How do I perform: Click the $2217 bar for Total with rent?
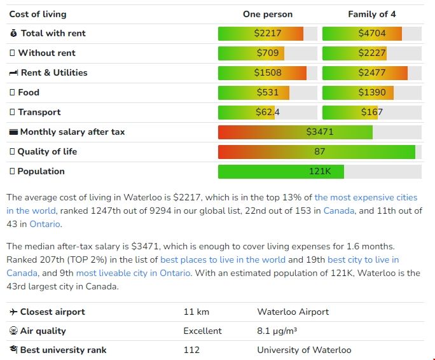pos(267,33)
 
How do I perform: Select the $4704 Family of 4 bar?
pos(371,33)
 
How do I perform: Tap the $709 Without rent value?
pos(267,53)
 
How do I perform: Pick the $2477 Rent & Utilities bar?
pos(371,73)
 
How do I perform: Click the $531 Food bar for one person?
pos(267,92)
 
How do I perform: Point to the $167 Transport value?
pos(371,112)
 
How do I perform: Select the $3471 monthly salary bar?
pos(319,132)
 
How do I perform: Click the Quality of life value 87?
pos(319,151)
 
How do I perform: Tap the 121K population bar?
pos(319,171)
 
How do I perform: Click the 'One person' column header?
pos(268,14)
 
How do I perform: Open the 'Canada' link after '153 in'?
pos(339,211)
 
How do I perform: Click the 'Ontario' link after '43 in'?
pos(45,224)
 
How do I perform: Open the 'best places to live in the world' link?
pos(223,260)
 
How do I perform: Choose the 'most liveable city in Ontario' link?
pos(133,273)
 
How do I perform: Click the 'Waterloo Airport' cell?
pos(293,312)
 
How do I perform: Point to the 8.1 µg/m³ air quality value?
pos(277,331)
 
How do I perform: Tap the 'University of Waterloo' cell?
pos(304,350)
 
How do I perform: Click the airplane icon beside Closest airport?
pos(13,312)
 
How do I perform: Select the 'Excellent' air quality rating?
pos(202,331)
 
